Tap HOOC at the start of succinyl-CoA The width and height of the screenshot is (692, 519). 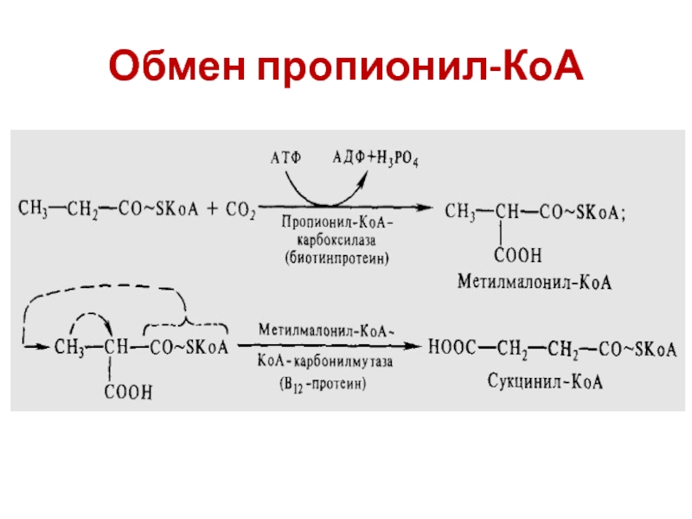pos(451,348)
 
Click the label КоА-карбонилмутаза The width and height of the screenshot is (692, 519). pos(325,365)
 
